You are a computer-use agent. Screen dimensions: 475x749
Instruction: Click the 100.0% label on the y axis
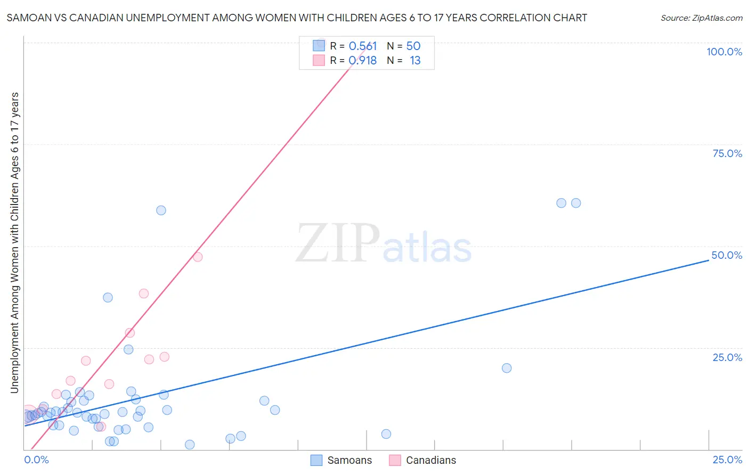coord(724,52)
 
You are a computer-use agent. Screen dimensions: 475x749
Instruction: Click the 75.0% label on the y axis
coord(727,153)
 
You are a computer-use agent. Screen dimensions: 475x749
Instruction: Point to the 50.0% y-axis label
coord(727,255)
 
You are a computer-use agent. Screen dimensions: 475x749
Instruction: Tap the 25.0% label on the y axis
coord(727,357)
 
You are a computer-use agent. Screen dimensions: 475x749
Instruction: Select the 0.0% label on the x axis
coord(36,460)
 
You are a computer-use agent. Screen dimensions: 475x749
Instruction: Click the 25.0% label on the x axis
coord(727,460)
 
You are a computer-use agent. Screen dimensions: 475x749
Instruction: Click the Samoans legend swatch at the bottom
coord(316,460)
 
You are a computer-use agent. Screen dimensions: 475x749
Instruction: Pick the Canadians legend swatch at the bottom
coord(395,460)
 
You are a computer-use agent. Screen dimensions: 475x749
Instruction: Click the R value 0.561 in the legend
coord(362,46)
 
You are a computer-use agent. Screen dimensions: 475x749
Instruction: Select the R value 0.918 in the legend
coord(362,61)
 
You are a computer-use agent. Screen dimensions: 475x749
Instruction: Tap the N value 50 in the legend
coord(413,46)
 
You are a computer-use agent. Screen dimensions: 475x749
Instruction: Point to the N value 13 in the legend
coord(415,61)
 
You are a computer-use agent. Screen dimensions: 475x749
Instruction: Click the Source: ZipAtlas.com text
coord(701,18)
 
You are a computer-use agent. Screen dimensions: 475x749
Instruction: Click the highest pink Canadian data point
coord(198,257)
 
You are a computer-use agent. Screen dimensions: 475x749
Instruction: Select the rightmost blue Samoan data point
coord(576,203)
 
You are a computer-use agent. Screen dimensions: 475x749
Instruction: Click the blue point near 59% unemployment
coord(161,210)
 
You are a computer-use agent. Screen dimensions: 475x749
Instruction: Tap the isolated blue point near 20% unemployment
coord(507,368)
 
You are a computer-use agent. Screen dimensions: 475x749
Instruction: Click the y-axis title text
coord(14,243)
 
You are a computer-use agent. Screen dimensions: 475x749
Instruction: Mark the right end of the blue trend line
coord(709,260)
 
